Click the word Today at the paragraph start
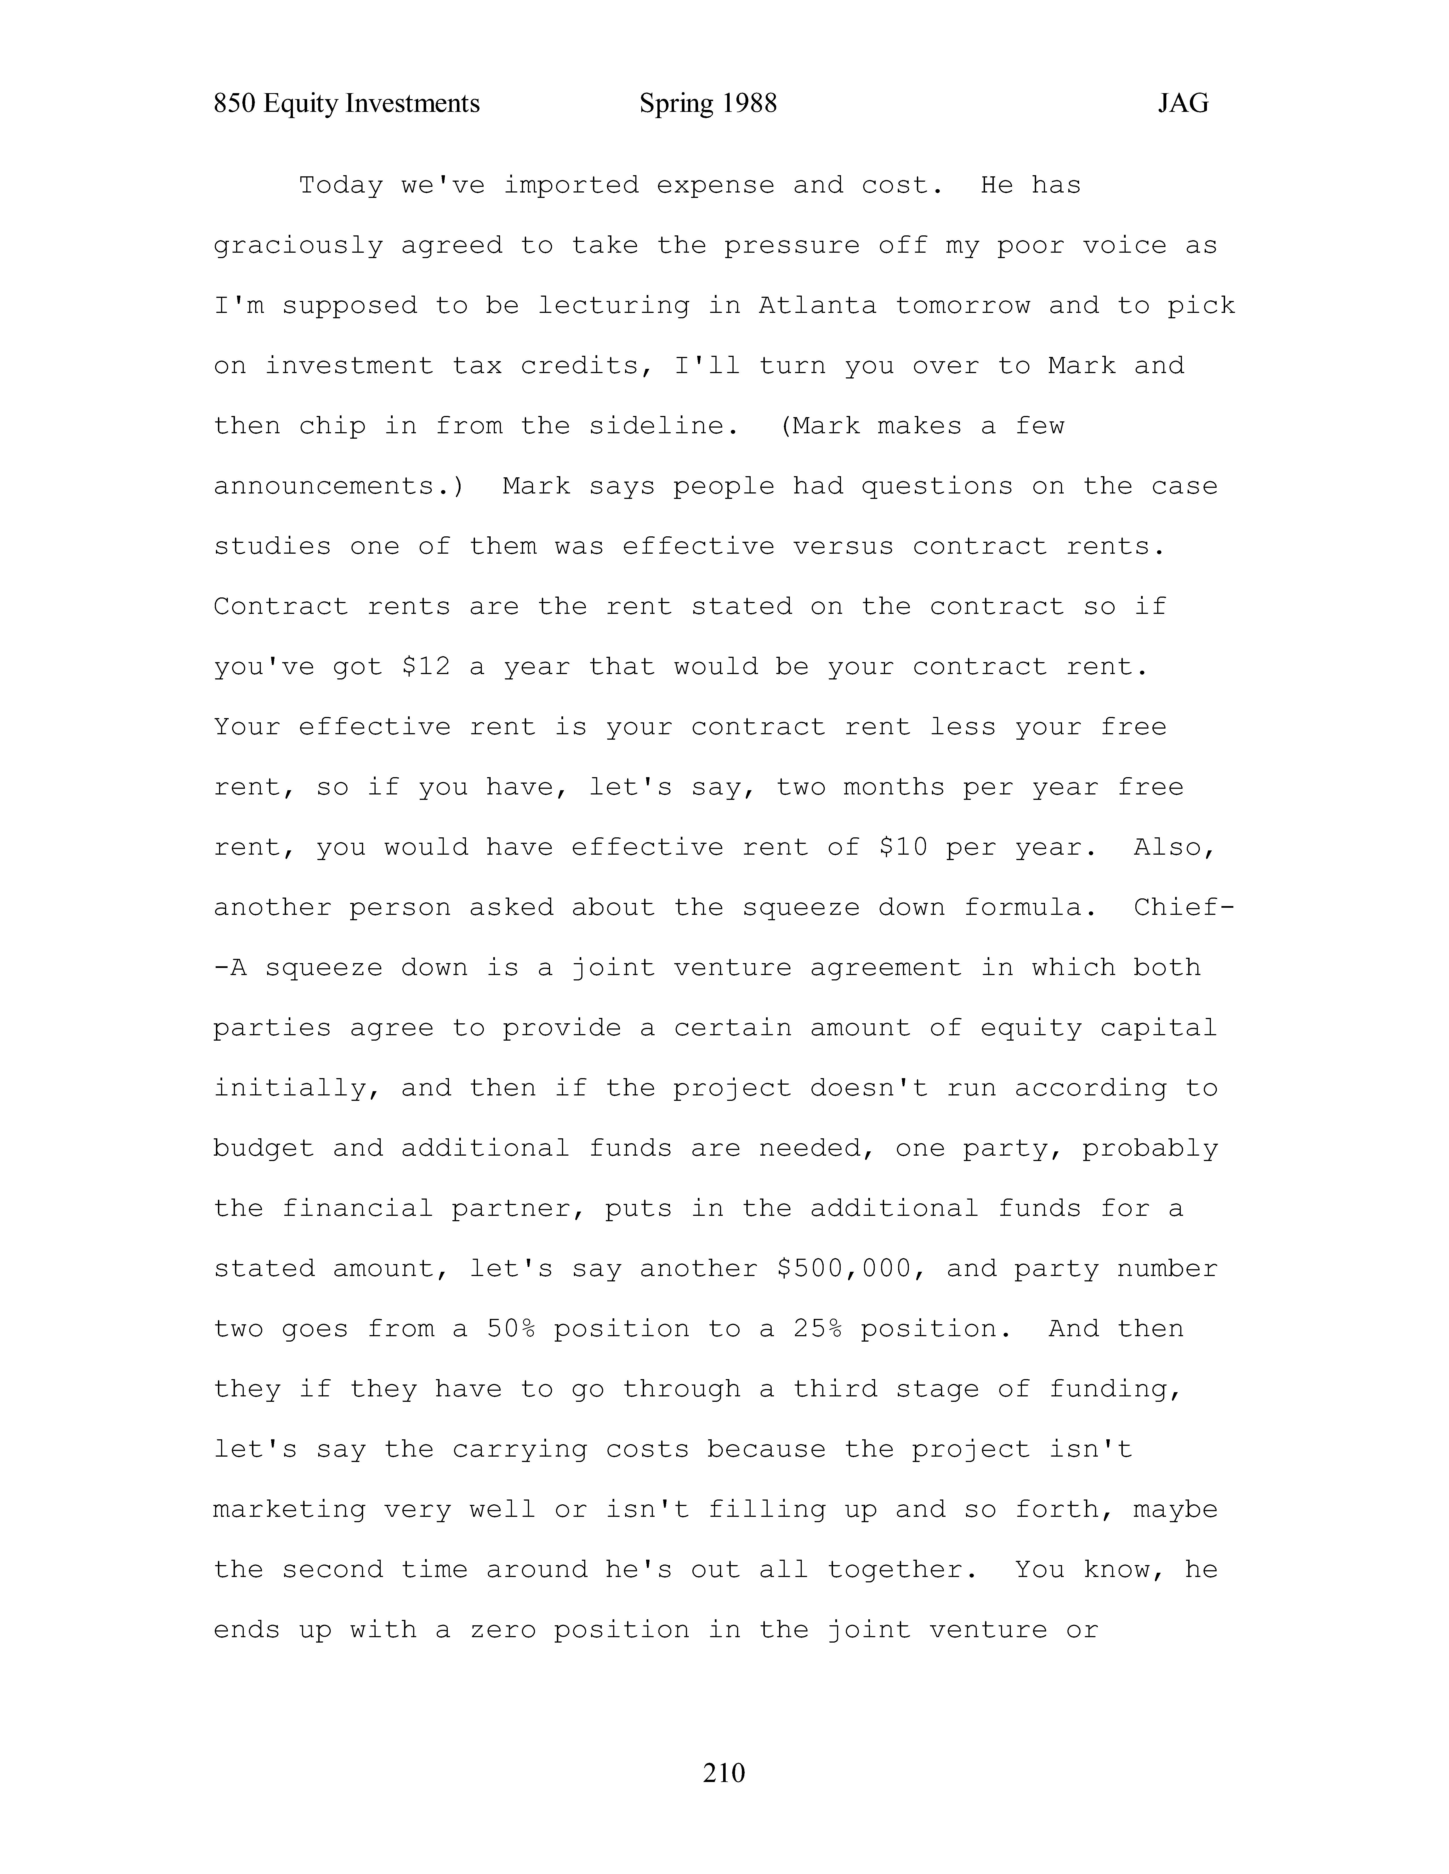341,185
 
